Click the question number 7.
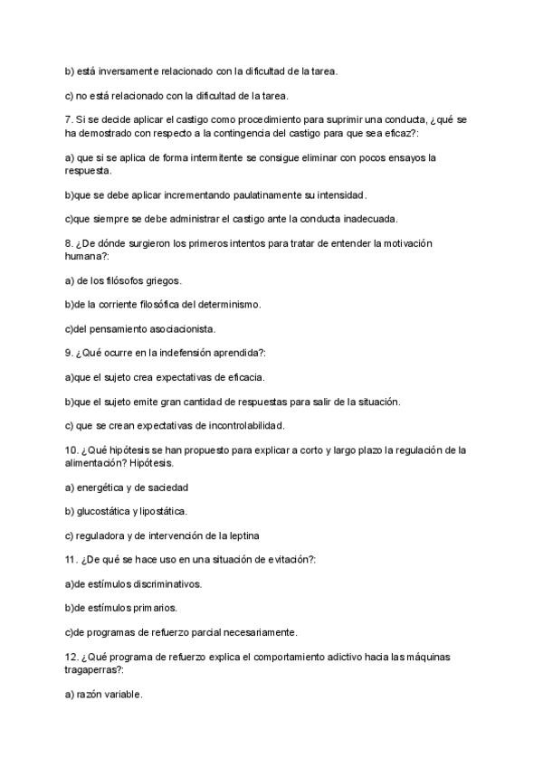coord(69,119)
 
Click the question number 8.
coord(69,244)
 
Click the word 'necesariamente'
coord(257,632)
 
